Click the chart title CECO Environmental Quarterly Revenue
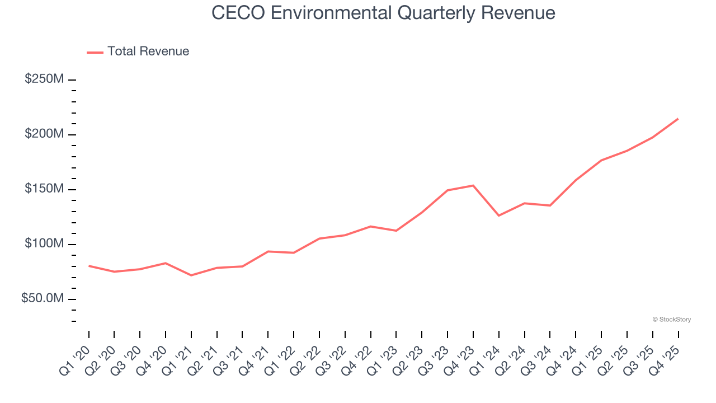point(383,13)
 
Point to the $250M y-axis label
point(44,79)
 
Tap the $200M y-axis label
point(44,134)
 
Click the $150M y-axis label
point(44,189)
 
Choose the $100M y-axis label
point(44,244)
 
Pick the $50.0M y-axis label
point(42,299)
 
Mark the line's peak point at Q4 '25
point(678,119)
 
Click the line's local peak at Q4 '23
point(473,185)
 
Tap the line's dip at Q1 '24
point(498,215)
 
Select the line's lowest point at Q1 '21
point(191,275)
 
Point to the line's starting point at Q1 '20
point(89,266)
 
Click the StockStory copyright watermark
point(671,320)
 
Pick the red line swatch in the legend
point(95,52)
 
